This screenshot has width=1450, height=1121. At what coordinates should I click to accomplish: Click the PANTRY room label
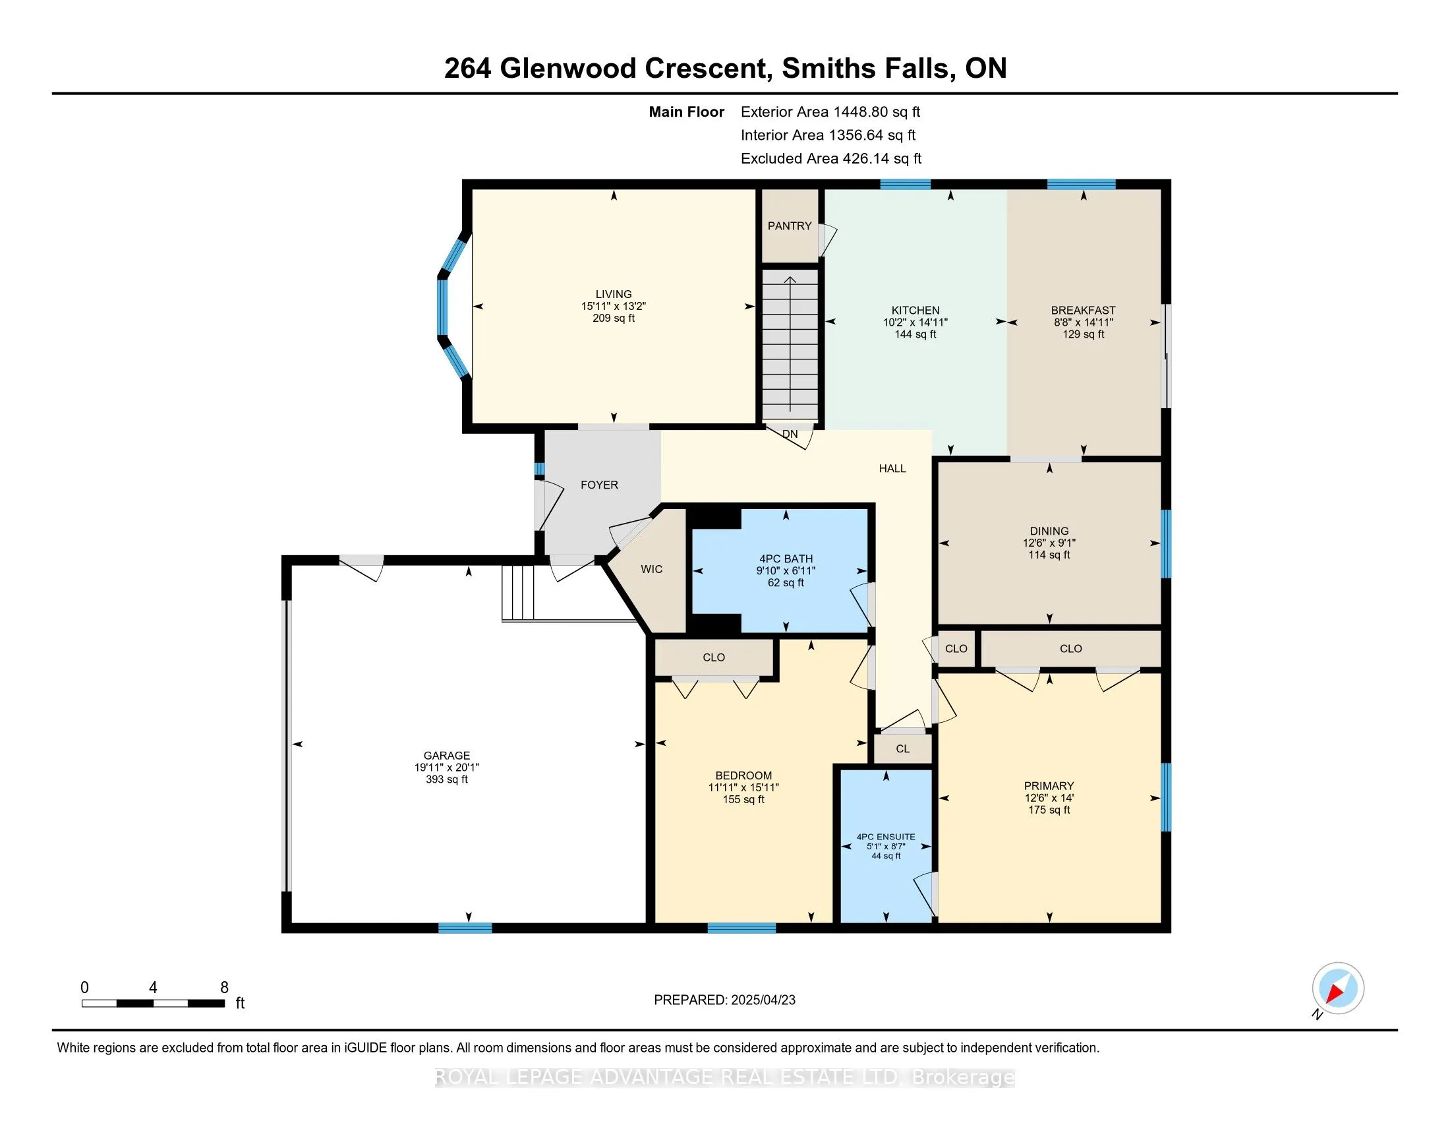(790, 226)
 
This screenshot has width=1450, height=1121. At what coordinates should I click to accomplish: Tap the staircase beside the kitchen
(790, 346)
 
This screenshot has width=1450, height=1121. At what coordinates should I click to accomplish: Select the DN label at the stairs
(790, 435)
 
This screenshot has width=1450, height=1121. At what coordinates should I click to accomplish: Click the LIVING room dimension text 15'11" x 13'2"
(613, 306)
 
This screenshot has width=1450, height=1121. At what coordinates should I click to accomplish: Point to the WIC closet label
(651, 569)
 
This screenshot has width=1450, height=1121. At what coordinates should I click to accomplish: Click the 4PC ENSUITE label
(885, 837)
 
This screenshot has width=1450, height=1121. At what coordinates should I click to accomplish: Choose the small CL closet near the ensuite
(902, 748)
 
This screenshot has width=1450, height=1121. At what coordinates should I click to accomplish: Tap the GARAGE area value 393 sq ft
(446, 779)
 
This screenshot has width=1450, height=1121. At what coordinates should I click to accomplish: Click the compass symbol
(1337, 988)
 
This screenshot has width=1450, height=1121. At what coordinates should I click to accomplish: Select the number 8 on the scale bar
(224, 988)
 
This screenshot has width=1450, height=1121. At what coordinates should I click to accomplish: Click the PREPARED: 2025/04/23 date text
(724, 1000)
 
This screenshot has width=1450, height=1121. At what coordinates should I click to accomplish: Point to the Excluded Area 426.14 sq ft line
(830, 158)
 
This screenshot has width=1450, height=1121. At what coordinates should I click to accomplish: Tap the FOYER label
(599, 485)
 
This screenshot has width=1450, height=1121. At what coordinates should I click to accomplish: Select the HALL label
(892, 468)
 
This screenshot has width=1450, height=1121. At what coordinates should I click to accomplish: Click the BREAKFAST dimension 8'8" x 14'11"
(1083, 322)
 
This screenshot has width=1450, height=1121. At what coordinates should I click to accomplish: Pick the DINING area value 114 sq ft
(1049, 555)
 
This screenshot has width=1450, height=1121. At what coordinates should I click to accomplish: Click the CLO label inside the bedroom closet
(714, 657)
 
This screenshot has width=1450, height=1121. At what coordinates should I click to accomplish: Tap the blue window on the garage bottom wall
(465, 928)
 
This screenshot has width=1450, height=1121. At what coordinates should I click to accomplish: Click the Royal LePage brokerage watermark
(724, 1077)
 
